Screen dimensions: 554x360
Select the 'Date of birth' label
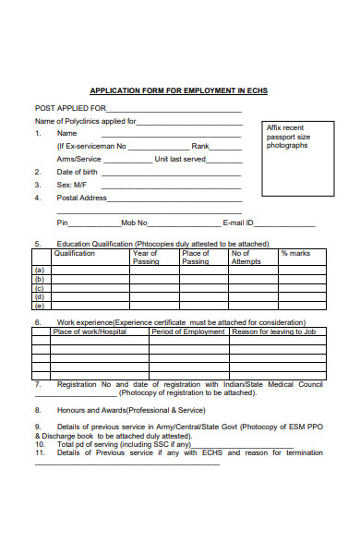(x=78, y=172)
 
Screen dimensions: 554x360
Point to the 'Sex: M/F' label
(x=71, y=185)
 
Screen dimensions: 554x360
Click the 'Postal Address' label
(x=82, y=198)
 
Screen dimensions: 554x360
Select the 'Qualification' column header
(x=75, y=253)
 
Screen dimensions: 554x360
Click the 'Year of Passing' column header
(x=145, y=257)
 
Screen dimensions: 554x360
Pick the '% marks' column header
(x=295, y=253)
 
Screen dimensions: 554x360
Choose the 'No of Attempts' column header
(x=246, y=257)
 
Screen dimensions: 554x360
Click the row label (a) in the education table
(x=39, y=271)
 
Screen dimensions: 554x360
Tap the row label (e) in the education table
(x=39, y=305)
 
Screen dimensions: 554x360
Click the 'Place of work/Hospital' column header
(x=90, y=331)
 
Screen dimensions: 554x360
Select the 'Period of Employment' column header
(x=188, y=331)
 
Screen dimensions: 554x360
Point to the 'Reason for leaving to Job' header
(x=274, y=331)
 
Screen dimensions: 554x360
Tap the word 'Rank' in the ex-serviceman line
(x=200, y=146)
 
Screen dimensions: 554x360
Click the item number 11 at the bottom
(x=40, y=452)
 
